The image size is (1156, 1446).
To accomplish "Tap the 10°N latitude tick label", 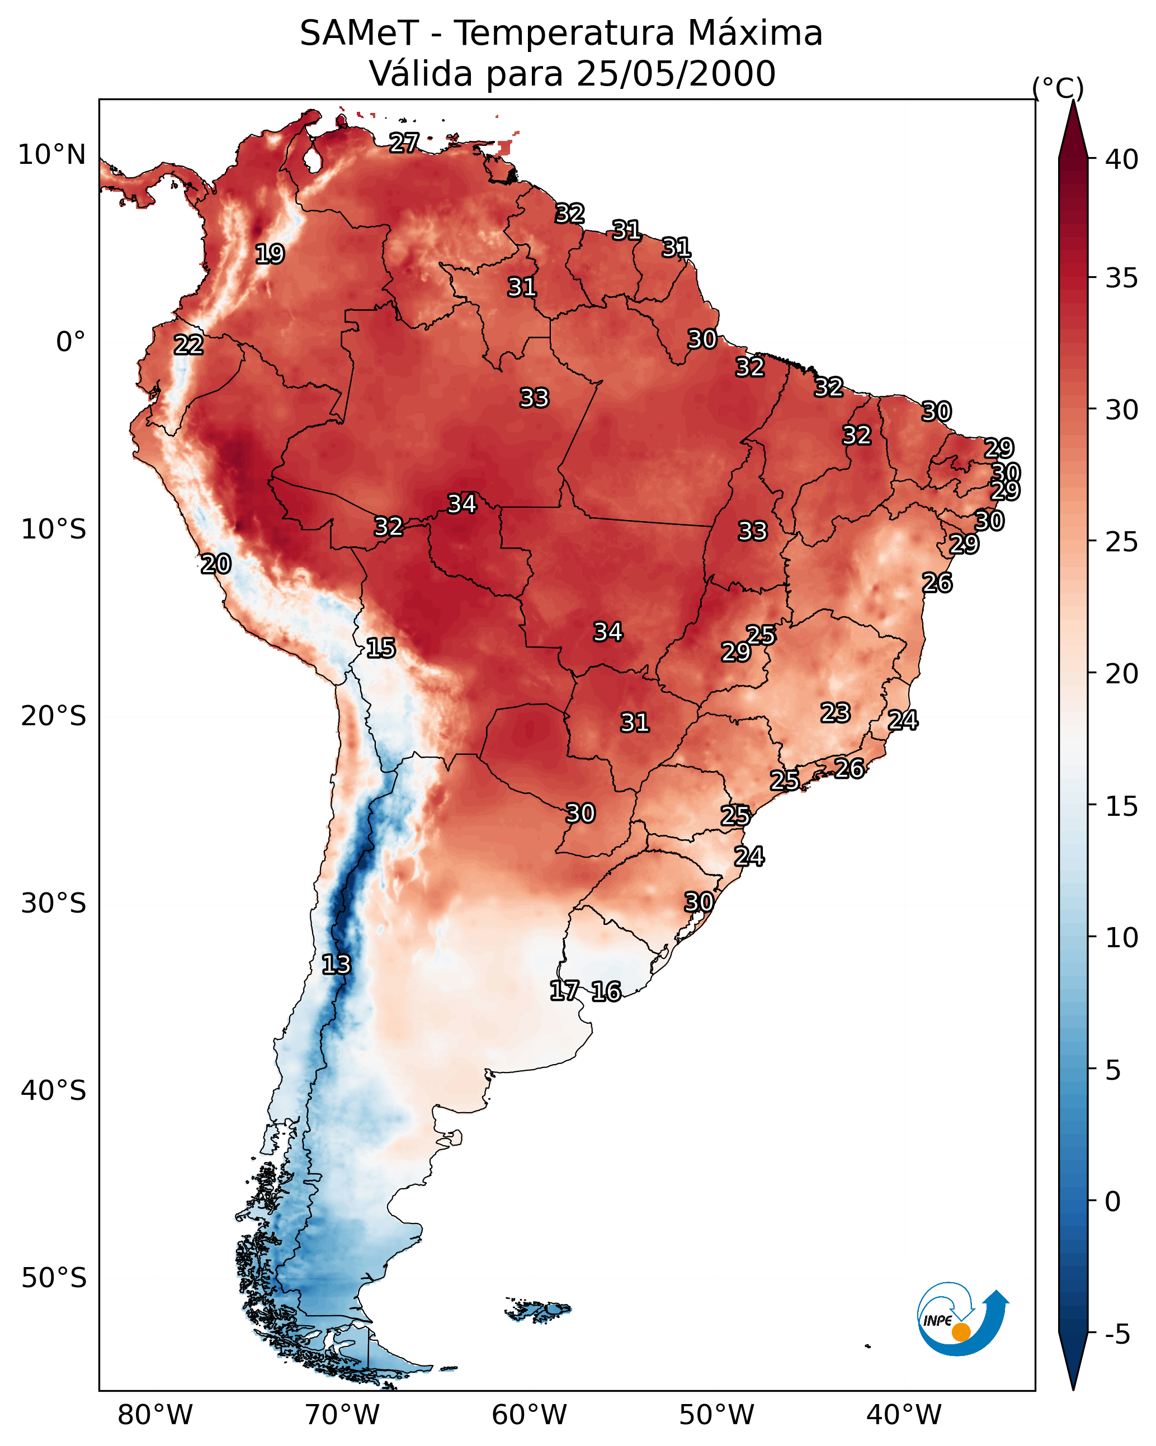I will pos(51,155).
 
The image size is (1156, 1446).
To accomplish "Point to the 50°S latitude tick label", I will pos(54,1278).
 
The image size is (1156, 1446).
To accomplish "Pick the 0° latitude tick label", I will pos(70,342).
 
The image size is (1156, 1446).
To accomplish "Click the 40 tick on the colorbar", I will pos(1122,159).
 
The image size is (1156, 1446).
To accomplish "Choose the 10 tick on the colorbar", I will pos(1122,938).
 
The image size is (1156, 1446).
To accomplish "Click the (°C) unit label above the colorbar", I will pos(1058,88).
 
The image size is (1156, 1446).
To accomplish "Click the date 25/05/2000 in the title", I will pos(676,74).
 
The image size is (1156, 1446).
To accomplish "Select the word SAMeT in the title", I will pos(359,34).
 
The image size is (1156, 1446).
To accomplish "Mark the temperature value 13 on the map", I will pos(336,965).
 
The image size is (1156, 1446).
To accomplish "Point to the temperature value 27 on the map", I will pos(404,143).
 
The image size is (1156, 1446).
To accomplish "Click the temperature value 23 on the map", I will pos(836,712).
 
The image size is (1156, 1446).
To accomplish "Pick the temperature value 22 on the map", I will pos(188,346).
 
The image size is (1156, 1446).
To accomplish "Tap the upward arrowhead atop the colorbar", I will pos(1073,127).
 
